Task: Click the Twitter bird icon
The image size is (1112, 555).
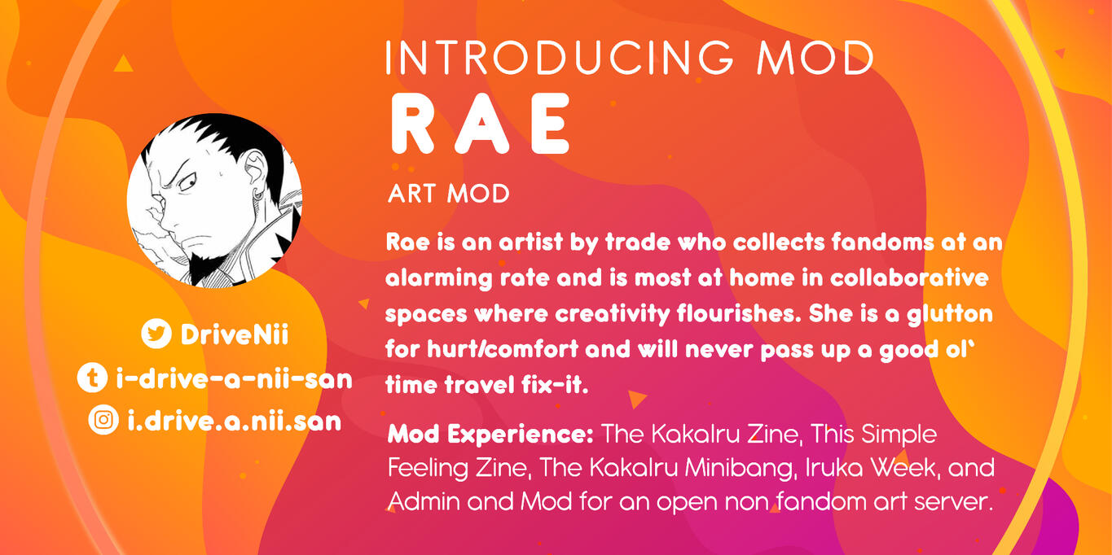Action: (156, 334)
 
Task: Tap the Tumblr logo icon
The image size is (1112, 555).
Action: (92, 378)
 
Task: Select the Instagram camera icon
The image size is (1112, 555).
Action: (103, 420)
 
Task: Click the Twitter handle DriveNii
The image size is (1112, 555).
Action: (235, 334)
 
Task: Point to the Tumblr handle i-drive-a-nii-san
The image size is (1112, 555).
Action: (234, 379)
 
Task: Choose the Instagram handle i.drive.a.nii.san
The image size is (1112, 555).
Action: (235, 421)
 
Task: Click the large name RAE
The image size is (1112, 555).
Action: (481, 124)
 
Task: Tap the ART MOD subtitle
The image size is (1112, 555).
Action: (449, 194)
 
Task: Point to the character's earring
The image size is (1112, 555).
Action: (258, 194)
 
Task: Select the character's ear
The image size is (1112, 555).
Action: (256, 170)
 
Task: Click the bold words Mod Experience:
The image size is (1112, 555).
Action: (490, 435)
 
